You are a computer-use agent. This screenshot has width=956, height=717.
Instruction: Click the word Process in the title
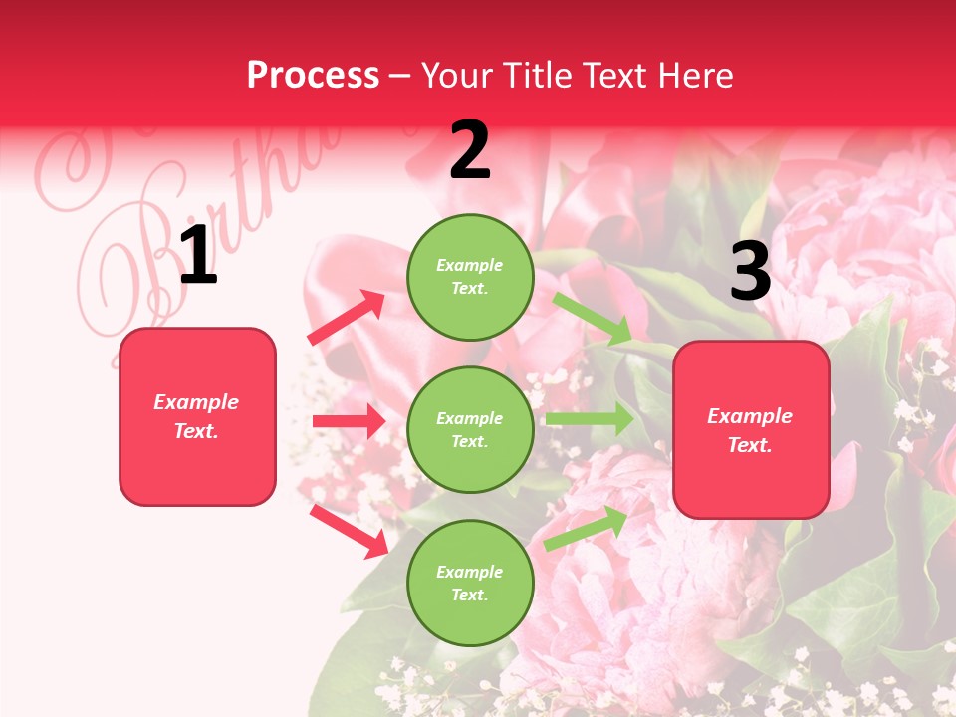tap(313, 75)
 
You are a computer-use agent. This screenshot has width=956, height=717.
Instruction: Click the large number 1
tap(198, 256)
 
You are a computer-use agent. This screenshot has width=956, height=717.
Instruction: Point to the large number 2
tap(470, 150)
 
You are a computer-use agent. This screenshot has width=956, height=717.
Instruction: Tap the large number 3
tap(750, 271)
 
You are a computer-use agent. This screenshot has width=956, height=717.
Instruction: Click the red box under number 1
tap(197, 416)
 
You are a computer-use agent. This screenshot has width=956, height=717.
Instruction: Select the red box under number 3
tap(751, 429)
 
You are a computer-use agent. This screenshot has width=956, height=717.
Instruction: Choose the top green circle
tap(470, 277)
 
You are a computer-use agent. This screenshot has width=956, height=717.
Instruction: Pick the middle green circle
tap(470, 429)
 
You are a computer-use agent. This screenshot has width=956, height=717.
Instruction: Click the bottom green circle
tap(470, 583)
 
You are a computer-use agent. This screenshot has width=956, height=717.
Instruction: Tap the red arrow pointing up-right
tap(347, 318)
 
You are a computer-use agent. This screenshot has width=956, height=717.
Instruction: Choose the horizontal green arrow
tap(590, 419)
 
